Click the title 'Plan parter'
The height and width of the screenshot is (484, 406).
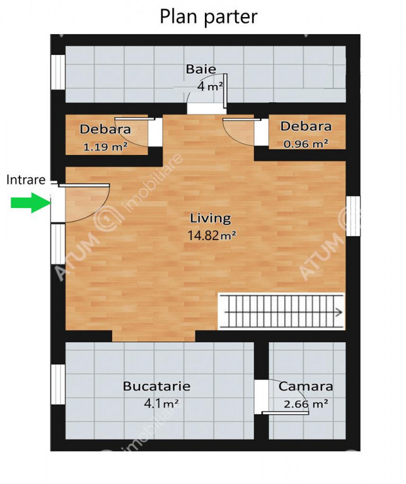[x=209, y=16]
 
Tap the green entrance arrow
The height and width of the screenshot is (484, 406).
[x=31, y=203]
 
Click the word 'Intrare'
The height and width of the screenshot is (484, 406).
[x=26, y=180]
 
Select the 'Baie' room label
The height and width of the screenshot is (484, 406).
[x=200, y=69]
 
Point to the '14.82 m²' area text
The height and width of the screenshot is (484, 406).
[x=212, y=236]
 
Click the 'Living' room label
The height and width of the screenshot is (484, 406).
[x=211, y=218]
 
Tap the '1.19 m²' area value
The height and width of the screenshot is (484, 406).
[x=105, y=147]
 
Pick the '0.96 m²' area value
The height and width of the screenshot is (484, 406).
[x=306, y=144]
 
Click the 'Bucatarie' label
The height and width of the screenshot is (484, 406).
[x=156, y=386]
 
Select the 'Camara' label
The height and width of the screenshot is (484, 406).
[x=306, y=386]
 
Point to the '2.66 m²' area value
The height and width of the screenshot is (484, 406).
[x=306, y=404]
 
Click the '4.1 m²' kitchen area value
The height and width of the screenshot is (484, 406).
[x=161, y=403]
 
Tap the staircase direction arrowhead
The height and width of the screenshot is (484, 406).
[x=339, y=312]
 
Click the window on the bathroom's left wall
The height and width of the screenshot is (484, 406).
[x=58, y=72]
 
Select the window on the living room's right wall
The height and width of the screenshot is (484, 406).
[x=353, y=216]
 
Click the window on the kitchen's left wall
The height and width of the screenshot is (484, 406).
[x=58, y=384]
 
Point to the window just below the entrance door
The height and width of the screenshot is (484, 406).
[x=58, y=244]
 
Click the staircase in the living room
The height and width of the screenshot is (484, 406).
[x=281, y=311]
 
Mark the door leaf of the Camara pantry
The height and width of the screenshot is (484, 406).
[x=286, y=413]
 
